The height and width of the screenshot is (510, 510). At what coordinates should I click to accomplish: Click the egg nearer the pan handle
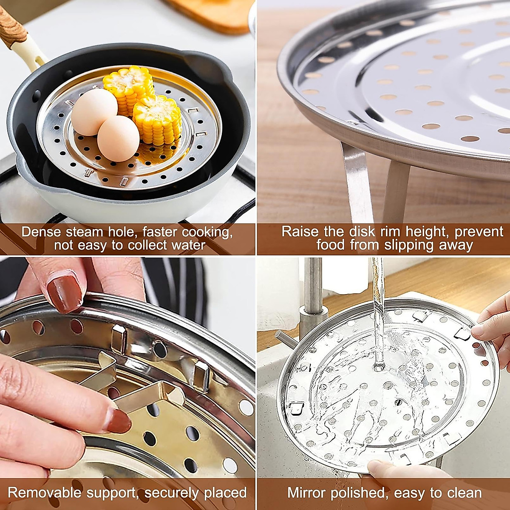point(93,112)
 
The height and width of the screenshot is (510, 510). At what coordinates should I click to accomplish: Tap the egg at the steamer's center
point(118,138)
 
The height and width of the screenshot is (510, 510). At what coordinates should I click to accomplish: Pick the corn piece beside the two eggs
point(157,119)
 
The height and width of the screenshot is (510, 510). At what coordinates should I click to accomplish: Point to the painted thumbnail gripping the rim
point(64,293)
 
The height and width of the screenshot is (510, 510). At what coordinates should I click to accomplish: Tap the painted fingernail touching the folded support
point(116,419)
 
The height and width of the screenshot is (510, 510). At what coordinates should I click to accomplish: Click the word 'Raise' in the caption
point(300,232)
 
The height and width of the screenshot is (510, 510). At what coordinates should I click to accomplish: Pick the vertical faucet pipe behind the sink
point(313,289)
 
